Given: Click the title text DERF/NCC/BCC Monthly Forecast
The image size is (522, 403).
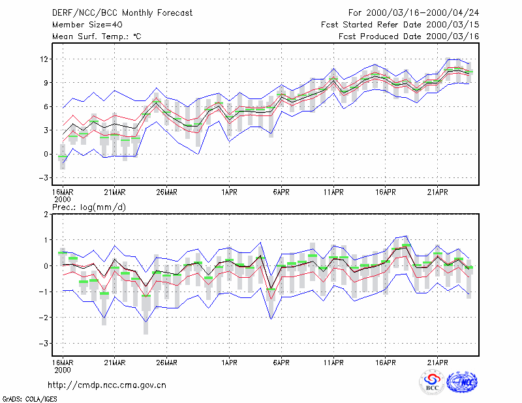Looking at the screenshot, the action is coord(122,13).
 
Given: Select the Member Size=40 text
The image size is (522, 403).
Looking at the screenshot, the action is coord(87,25).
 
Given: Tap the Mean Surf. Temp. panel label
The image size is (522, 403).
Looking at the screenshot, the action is coord(97,37).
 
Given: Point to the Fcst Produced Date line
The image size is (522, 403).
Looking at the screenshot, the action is coord(409,37).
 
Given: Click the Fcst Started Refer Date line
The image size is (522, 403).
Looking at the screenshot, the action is coord(400,25).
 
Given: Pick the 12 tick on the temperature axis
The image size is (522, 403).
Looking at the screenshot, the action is coord(44,59).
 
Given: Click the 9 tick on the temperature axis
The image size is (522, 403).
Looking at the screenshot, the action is coord(46,83).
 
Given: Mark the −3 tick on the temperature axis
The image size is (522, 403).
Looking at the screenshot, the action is coord(44,178).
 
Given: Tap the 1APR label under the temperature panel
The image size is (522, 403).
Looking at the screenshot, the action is coord(230,192).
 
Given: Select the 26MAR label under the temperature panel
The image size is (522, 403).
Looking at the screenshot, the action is coord(167,192).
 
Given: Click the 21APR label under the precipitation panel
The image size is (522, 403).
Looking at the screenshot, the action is coord(437,363).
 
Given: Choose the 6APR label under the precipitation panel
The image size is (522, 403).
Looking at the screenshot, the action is coord(281,363).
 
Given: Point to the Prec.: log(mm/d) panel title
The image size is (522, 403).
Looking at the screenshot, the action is coord(89,207).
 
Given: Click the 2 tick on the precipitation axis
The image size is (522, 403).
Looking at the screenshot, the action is coord(46,214).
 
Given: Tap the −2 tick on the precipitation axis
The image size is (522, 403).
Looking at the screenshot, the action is coord(44,318).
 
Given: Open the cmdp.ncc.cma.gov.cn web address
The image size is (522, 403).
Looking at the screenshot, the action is coord(107,385).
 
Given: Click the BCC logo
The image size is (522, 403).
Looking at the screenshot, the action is coord(432,382).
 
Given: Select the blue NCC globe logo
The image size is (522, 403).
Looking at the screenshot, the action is coord(462,382).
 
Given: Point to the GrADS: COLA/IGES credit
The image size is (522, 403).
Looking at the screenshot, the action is coord(29,399).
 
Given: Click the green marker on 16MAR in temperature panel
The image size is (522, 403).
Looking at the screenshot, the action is coord(63,157).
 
